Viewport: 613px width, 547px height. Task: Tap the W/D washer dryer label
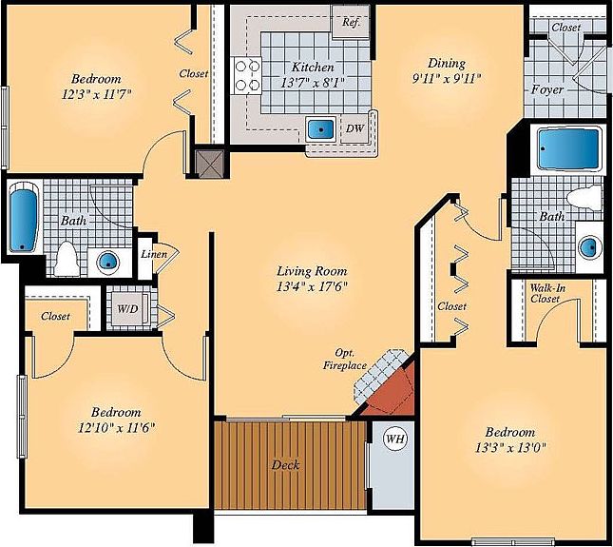[x=125, y=309]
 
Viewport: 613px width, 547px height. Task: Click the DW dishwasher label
[x=355, y=128]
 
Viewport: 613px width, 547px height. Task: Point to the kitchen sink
[x=320, y=127]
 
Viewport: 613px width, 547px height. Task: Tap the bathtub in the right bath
[x=568, y=149]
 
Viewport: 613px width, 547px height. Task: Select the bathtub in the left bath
[x=21, y=217]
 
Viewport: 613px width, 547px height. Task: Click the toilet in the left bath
[x=67, y=258]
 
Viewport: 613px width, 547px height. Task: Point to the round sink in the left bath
[x=108, y=261]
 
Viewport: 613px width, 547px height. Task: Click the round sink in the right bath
[x=590, y=248]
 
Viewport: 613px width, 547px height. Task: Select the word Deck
[x=286, y=465]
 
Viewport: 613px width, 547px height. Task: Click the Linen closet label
[x=153, y=254]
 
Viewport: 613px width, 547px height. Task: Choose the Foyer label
[x=547, y=89]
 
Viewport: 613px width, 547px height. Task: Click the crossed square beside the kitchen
[x=207, y=162]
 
